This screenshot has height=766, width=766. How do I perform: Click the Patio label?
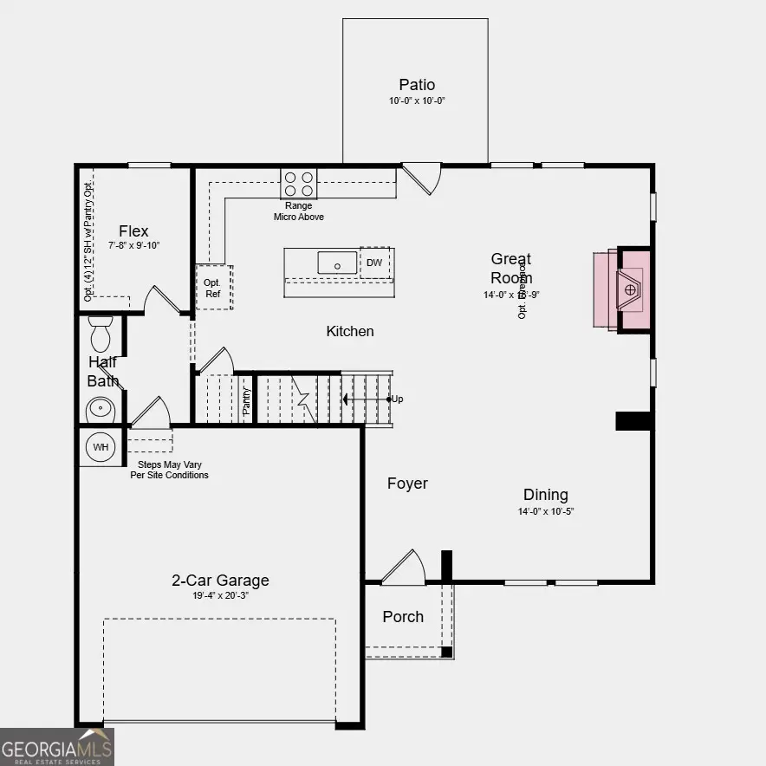click(417, 85)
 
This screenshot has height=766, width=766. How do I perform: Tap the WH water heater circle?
click(101, 447)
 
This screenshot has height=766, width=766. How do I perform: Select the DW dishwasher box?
click(374, 263)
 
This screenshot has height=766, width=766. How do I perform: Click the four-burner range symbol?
click(298, 184)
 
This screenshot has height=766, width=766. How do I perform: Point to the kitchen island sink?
click(337, 263)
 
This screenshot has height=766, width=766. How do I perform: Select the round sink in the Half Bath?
click(101, 407)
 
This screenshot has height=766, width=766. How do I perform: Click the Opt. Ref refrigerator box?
click(212, 288)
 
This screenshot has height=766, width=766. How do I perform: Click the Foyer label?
click(407, 484)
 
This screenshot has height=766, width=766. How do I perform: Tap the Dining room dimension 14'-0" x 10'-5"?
click(546, 511)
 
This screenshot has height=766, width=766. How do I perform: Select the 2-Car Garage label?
click(220, 581)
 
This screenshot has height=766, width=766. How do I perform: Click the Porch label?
click(403, 617)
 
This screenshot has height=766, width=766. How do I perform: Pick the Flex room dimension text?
click(133, 245)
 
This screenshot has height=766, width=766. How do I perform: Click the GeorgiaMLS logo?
click(57, 745)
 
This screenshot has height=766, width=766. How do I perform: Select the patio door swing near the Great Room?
click(423, 178)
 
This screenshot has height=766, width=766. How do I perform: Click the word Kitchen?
click(350, 331)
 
